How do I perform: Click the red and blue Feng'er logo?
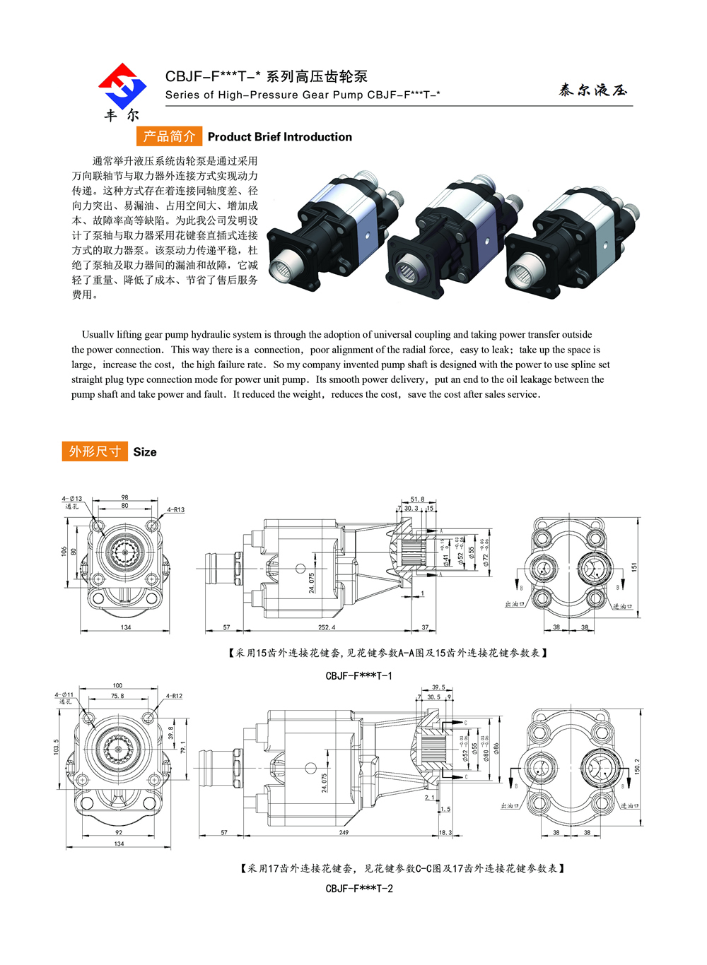(x=122, y=86)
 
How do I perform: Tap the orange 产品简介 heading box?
(x=169, y=136)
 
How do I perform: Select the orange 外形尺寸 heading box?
(x=95, y=451)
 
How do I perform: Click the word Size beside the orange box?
(x=145, y=452)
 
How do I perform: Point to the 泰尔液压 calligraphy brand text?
(x=592, y=90)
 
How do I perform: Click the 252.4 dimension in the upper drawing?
(x=327, y=627)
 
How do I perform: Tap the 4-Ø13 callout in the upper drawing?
(x=72, y=499)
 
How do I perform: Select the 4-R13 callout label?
(x=175, y=509)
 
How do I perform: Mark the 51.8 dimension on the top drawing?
(x=417, y=499)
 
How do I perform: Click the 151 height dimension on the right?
(x=634, y=567)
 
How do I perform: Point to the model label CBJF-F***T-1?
(x=358, y=676)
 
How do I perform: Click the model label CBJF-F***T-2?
(x=359, y=889)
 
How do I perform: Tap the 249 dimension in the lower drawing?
(x=344, y=833)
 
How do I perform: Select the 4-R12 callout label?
(x=174, y=696)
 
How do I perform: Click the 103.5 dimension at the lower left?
(x=57, y=747)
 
